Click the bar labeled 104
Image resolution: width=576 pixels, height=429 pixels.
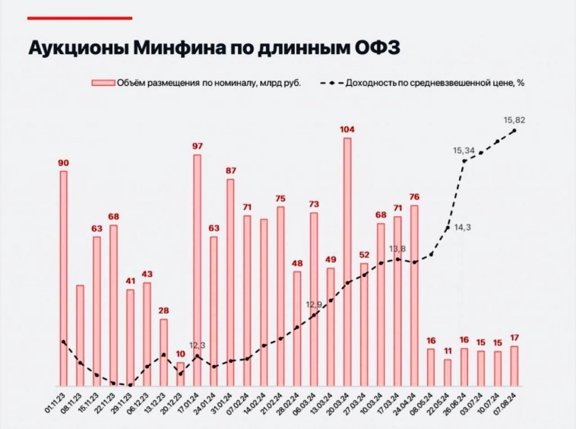coord(347,262)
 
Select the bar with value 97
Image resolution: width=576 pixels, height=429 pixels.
coord(197,270)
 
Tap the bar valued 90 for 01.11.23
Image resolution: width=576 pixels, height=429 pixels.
coord(63,278)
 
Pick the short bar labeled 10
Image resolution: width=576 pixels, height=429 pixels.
coord(180,373)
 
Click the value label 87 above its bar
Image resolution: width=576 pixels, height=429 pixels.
coord(230,170)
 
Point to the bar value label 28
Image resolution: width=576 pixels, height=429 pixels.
coord(163,310)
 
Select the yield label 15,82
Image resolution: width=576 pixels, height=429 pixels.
coord(514,119)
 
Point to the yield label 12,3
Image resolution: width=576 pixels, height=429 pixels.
coord(197,345)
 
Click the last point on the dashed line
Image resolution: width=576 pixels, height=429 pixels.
coord(514,131)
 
